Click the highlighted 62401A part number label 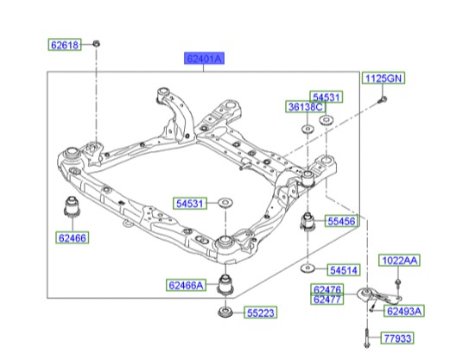[x=204, y=59]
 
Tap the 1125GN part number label [x=382, y=79]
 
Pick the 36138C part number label [x=307, y=107]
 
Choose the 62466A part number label [x=187, y=284]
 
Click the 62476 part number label [x=328, y=290]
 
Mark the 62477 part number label [x=328, y=300]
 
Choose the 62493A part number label [x=402, y=311]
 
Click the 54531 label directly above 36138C [x=325, y=97]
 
